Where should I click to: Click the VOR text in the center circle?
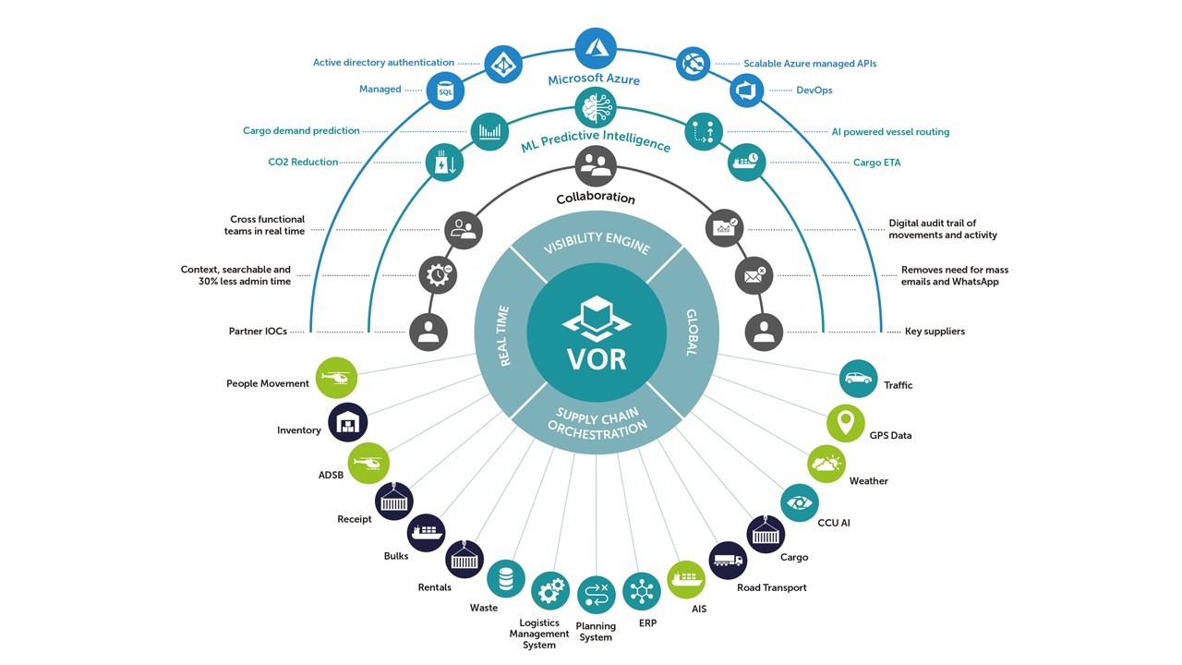coord(597,357)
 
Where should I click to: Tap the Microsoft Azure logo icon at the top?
coord(596,47)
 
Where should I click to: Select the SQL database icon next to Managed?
coord(445,91)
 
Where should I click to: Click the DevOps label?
coord(814,91)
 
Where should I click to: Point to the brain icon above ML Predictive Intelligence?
coord(596,108)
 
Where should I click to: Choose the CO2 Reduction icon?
coord(443,162)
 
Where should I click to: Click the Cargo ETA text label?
coord(876,163)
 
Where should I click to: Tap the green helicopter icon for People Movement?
coord(336,378)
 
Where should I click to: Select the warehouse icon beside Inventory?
coord(347,422)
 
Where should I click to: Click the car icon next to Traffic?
coord(858,379)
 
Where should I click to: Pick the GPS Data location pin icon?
coord(845,423)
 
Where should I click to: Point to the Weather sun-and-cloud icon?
coord(826,464)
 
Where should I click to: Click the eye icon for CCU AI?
coord(799,503)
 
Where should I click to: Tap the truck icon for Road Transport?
coord(728,561)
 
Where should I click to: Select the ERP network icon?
coord(642,592)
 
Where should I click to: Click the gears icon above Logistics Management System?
coord(550,591)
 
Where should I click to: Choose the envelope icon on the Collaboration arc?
coord(754,274)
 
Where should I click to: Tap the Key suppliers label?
coord(935,332)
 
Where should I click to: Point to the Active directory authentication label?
coord(383,63)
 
